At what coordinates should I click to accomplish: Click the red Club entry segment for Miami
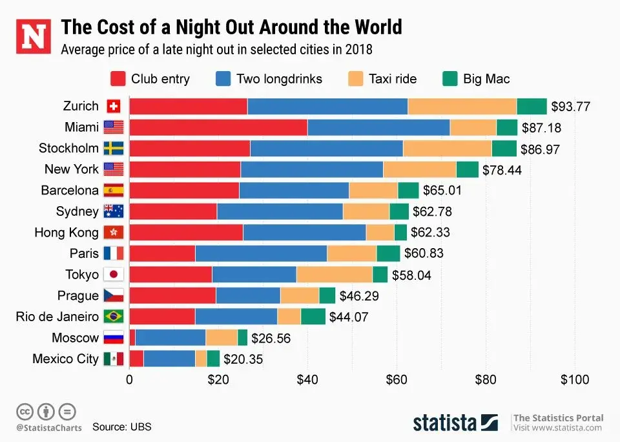point(218,127)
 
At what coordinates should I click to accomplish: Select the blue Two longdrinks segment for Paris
point(261,253)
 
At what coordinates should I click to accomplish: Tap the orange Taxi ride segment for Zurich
point(462,106)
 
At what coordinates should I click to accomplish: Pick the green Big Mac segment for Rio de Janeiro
point(313,317)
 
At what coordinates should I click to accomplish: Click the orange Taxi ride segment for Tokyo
point(334,275)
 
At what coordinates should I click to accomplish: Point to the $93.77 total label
point(570,107)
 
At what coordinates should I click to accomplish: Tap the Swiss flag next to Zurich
point(113,106)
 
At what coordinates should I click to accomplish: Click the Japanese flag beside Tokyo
point(113,275)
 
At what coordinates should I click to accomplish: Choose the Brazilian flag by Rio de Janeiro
point(113,317)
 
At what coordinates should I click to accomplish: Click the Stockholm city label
point(68,148)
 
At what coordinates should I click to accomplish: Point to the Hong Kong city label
point(67,233)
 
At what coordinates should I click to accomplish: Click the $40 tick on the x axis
point(307,379)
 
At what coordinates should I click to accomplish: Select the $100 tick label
point(573,379)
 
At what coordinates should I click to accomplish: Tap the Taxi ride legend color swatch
point(356,79)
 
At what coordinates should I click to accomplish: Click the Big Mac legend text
point(486,79)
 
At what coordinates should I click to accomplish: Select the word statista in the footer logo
point(445,423)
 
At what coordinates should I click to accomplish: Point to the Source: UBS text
point(121,426)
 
